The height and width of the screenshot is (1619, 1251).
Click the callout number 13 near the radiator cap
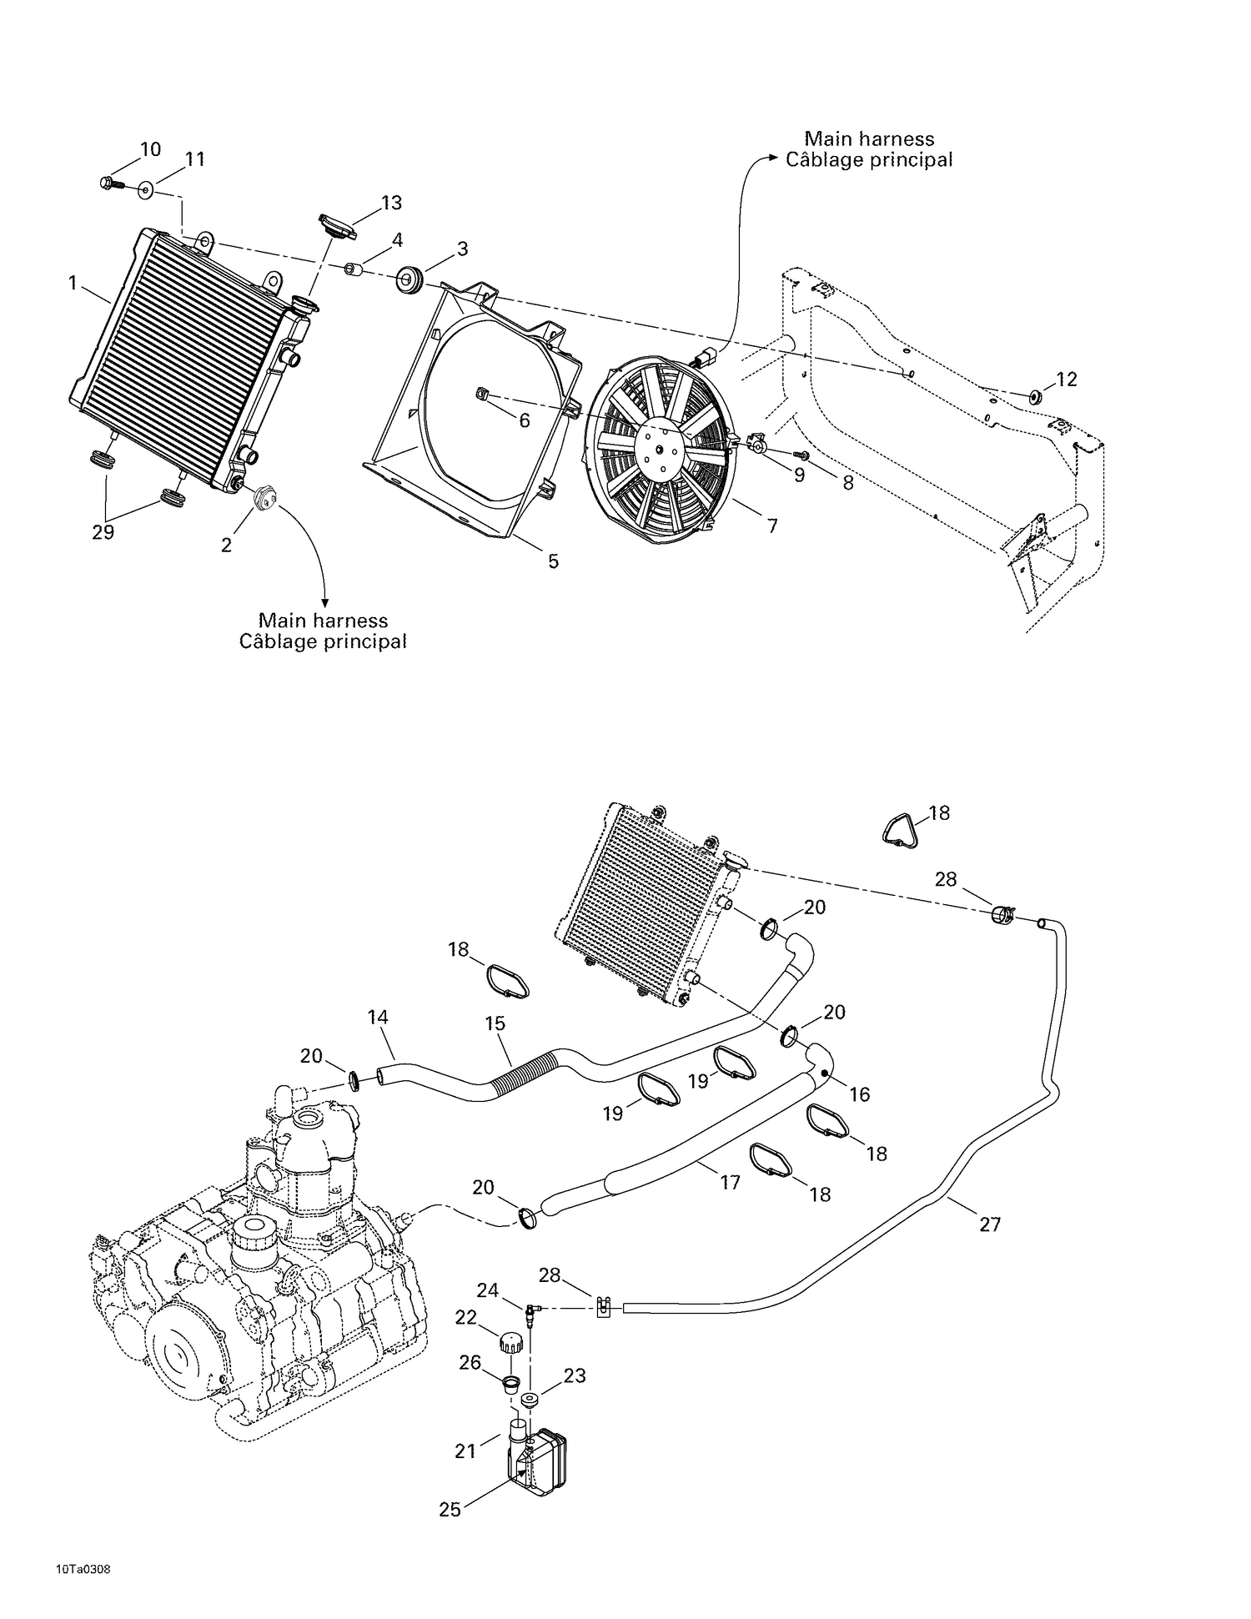click(x=391, y=203)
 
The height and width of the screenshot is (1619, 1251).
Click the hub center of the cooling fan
click(x=659, y=449)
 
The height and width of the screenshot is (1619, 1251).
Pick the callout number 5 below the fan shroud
click(x=553, y=561)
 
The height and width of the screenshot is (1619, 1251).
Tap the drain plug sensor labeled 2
click(x=265, y=496)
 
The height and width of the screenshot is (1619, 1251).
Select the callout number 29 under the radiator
click(x=103, y=532)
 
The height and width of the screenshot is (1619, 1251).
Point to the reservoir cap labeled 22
click(x=510, y=1343)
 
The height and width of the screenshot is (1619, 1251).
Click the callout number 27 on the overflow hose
click(x=989, y=1224)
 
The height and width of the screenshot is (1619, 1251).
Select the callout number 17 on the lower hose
click(x=730, y=1182)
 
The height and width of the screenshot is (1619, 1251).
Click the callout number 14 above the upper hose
click(x=378, y=1017)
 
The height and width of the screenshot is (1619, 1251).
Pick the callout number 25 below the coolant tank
click(x=450, y=1510)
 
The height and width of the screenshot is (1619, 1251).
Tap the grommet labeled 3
click(x=410, y=277)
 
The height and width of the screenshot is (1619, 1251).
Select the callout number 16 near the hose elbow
click(x=859, y=1094)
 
